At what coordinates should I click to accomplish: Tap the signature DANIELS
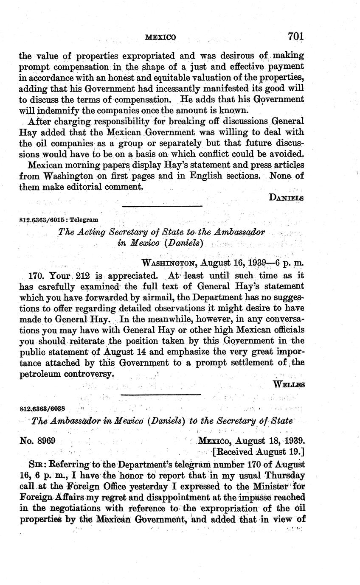click(x=287, y=197)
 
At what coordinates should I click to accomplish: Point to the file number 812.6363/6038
click(x=42, y=409)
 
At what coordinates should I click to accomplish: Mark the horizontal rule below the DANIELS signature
click(x=162, y=207)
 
